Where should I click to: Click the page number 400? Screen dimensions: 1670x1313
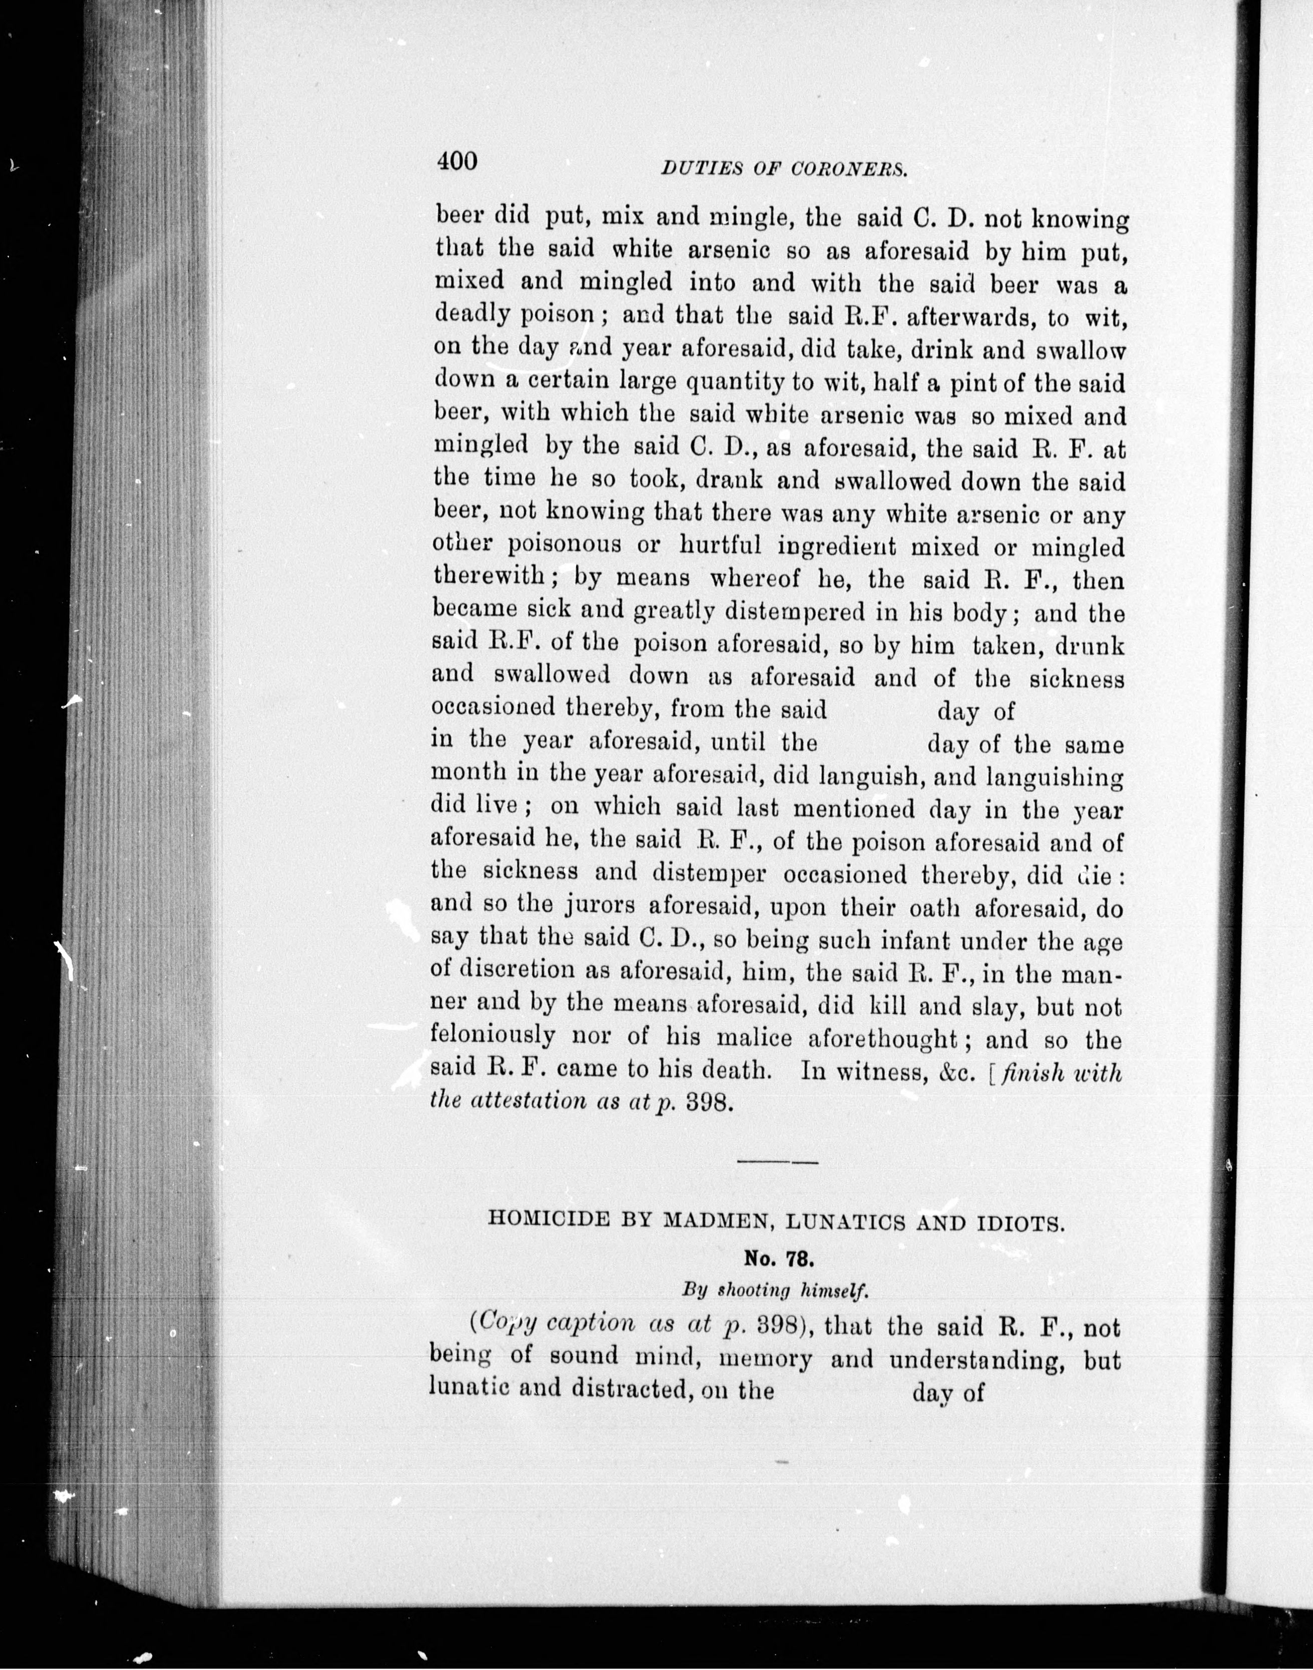457,161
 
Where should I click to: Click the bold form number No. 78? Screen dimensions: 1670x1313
778,1259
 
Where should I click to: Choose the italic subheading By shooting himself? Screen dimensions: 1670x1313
775,1291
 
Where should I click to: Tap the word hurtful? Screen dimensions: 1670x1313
720,547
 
